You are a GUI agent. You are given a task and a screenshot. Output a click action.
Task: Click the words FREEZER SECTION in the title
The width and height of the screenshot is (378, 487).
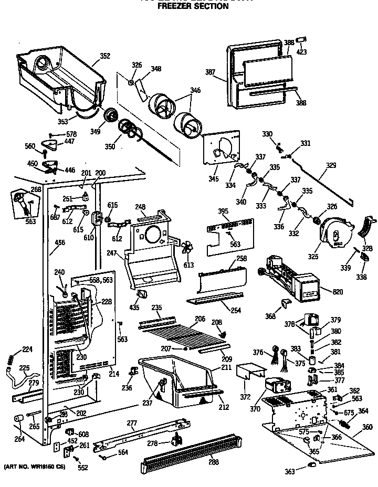pyautogui.click(x=193, y=7)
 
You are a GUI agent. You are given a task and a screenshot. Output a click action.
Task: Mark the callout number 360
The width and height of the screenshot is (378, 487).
pyautogui.click(x=367, y=428)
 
